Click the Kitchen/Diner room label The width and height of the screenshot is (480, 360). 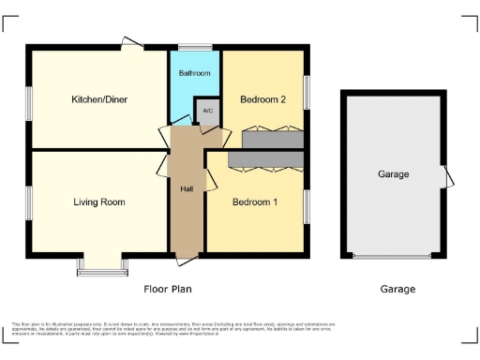point(99,98)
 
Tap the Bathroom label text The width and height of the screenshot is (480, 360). point(195,72)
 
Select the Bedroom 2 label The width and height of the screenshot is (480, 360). point(262,99)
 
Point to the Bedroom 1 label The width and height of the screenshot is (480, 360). point(255,202)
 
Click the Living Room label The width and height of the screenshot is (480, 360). point(99,202)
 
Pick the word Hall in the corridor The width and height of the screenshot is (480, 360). point(187,189)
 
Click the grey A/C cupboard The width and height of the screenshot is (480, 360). point(207,110)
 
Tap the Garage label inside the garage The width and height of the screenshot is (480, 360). point(393,174)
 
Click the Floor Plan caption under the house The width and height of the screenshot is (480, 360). point(167,290)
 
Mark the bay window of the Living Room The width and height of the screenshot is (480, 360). point(100,270)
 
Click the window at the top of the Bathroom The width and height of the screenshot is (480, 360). point(195,47)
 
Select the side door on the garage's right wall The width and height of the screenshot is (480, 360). point(447,175)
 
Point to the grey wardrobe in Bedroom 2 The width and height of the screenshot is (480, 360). point(272,140)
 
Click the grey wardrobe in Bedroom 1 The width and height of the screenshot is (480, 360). point(265,159)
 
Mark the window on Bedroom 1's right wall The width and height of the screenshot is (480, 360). point(307,205)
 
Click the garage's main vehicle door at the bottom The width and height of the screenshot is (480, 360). point(393,256)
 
